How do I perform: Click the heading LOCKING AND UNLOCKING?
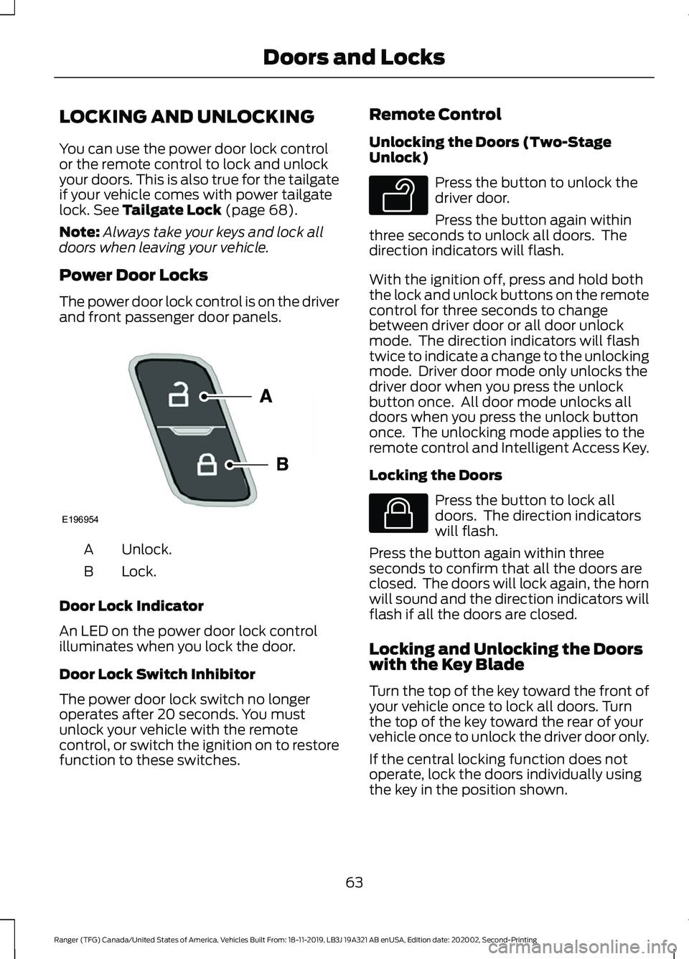coord(187,116)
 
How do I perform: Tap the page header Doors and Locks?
coord(354,57)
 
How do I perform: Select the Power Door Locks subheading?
coord(133,275)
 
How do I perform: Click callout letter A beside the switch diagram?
coord(266,396)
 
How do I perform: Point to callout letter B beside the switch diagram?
coord(282,464)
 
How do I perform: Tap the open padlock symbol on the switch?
coord(179,395)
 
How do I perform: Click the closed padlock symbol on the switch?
coord(207,465)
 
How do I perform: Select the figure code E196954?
coord(80,519)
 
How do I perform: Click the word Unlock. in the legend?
coord(146,549)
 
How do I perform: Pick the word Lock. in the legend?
coord(139,572)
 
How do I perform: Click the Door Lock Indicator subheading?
coord(131,606)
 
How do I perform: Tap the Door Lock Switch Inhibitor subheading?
coord(157,674)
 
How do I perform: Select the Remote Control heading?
coord(435,115)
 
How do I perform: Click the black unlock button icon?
coord(398,194)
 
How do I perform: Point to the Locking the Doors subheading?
coord(436,476)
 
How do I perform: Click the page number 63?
coord(354,882)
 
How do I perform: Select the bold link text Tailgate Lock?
coord(172,210)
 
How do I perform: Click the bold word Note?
coord(79,232)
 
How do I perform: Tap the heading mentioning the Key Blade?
coord(506,657)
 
